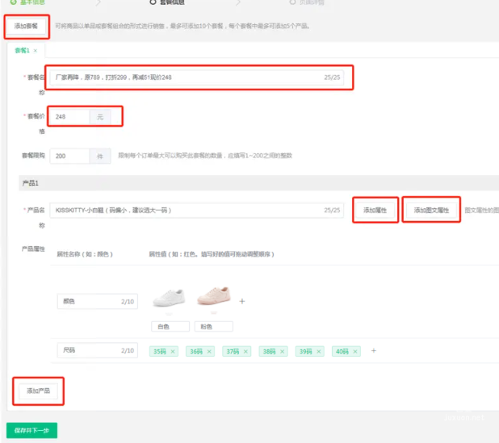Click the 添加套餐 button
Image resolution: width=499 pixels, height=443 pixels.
tap(26, 26)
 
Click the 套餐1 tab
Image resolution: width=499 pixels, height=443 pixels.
tap(22, 51)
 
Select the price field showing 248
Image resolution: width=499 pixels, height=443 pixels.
tap(69, 117)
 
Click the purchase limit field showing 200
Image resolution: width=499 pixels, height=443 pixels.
tap(69, 156)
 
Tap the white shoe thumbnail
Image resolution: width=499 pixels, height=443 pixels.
tap(169, 297)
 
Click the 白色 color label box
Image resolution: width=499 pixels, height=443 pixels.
tap(170, 327)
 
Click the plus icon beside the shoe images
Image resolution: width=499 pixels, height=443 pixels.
tap(242, 301)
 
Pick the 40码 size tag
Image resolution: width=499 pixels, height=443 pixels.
tap(343, 351)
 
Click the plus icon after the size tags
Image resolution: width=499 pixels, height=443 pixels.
tap(373, 351)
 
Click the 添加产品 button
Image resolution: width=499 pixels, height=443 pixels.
tap(39, 391)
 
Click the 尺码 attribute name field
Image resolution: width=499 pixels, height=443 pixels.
tap(87, 350)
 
